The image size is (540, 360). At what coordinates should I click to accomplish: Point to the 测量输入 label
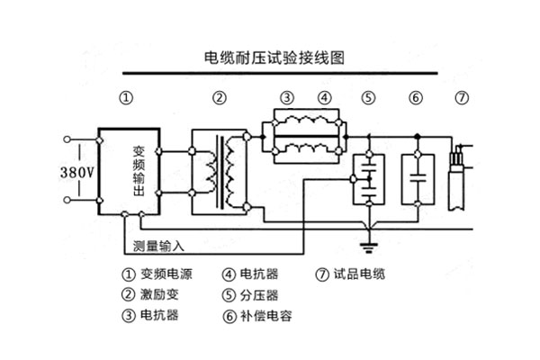tap(157, 246)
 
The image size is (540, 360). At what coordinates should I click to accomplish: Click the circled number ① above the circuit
tap(127, 97)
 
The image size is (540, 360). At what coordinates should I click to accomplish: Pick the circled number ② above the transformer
tap(219, 97)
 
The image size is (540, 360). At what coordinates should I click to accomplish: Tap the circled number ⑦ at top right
tap(463, 97)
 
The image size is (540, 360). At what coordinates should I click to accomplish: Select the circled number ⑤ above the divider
tap(368, 97)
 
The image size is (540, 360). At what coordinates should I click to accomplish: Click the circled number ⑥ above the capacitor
tap(415, 97)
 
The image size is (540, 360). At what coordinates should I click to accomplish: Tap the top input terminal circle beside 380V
tap(67, 139)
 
